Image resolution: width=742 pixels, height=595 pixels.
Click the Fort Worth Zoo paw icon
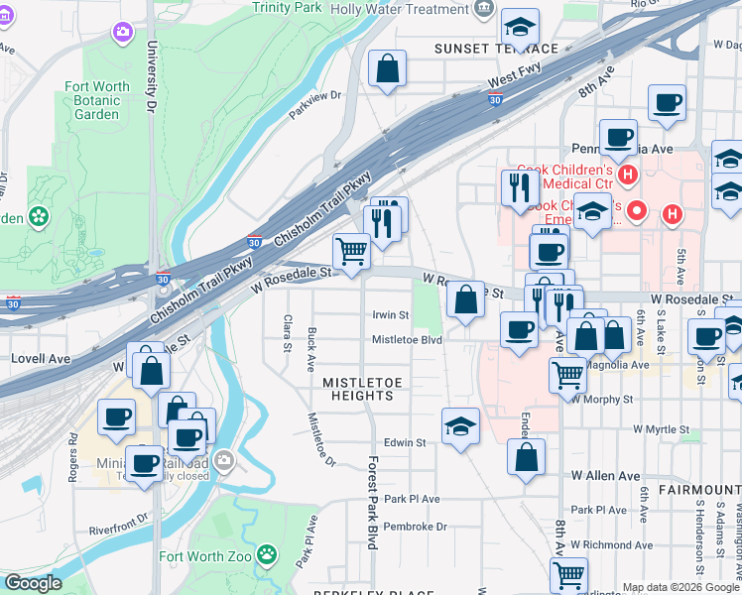pyautogui.click(x=266, y=553)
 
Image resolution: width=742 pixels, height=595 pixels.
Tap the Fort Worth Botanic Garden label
pyautogui.click(x=97, y=100)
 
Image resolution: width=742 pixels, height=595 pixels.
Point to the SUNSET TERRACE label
pyautogui.click(x=495, y=49)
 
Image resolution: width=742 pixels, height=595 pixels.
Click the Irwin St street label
pyautogui.click(x=390, y=315)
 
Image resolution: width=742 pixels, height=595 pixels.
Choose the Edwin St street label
pyautogui.click(x=404, y=443)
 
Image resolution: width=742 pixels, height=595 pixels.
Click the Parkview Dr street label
pyautogui.click(x=314, y=96)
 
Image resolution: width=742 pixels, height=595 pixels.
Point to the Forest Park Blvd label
pyautogui.click(x=373, y=503)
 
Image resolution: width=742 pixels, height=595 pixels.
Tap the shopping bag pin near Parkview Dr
pyautogui.click(x=387, y=69)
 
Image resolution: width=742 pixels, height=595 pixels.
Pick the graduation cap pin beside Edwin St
pyautogui.click(x=460, y=427)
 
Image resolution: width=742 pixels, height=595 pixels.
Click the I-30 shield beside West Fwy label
pyautogui.click(x=495, y=99)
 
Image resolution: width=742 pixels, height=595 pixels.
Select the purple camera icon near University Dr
pyautogui.click(x=123, y=32)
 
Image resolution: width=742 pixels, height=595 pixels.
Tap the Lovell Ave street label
pyautogui.click(x=40, y=358)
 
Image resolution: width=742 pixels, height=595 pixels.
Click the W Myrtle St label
pyautogui.click(x=661, y=429)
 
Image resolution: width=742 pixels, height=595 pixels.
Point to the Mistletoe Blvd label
pyautogui.click(x=407, y=339)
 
